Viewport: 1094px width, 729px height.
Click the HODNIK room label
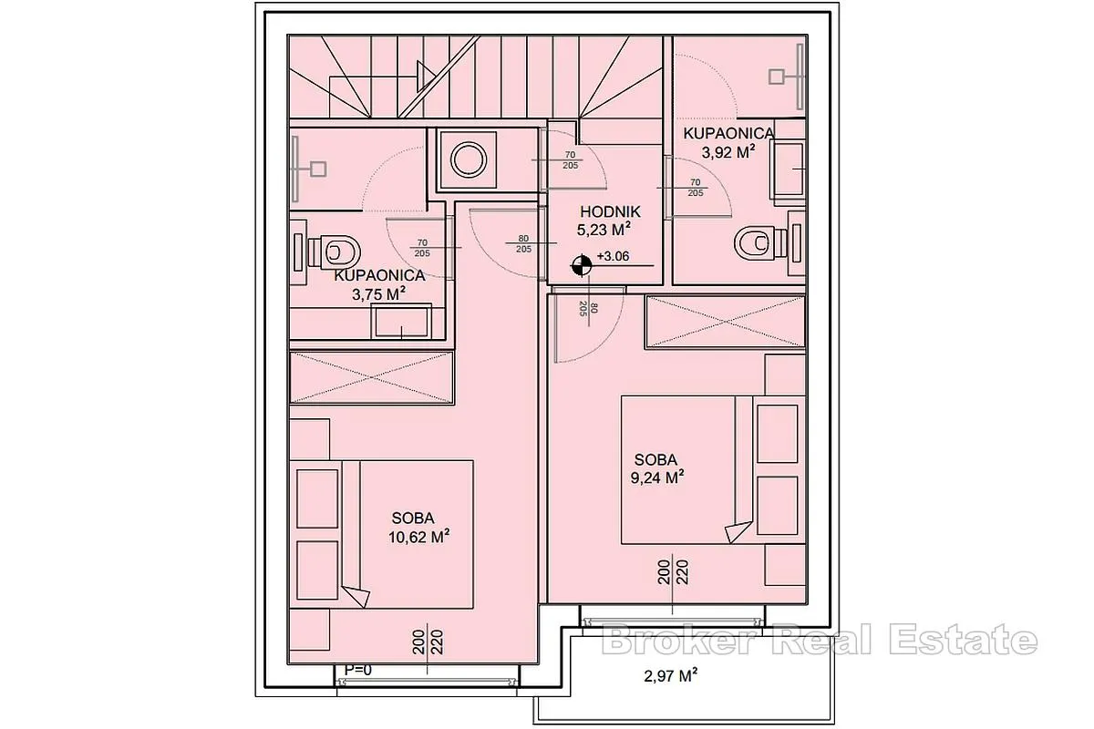point(610,212)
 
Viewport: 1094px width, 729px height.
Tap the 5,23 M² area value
point(604,230)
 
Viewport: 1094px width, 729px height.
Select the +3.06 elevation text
point(613,256)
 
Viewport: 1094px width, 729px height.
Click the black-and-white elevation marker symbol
point(582,266)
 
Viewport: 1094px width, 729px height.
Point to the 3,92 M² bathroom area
point(728,152)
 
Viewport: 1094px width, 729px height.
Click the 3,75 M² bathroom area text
point(378,294)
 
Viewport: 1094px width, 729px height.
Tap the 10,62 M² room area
point(419,537)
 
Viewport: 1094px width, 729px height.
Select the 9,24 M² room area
point(657,477)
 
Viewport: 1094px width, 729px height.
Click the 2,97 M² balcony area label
point(671,676)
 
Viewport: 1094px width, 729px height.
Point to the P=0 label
point(358,671)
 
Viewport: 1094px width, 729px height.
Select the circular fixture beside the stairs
point(469,159)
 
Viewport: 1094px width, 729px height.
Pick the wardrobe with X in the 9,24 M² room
point(726,322)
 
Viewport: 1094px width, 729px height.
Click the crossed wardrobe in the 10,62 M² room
point(372,377)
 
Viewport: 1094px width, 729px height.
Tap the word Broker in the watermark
point(679,641)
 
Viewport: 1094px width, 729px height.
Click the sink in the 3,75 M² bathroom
point(401,322)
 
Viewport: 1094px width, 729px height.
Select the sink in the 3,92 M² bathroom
point(788,169)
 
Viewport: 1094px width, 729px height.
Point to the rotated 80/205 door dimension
point(588,309)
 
